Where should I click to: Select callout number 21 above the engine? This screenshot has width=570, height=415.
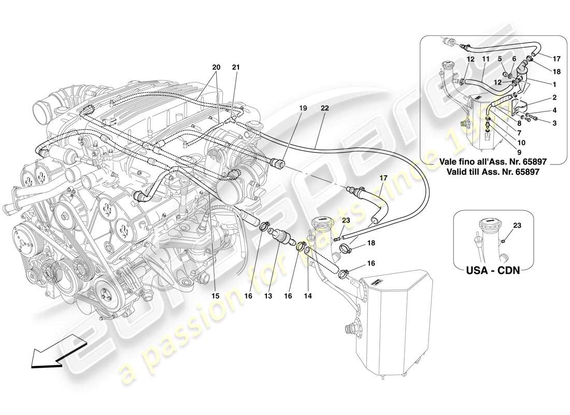click(236, 67)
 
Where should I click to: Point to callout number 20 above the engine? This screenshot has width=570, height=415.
click(216, 67)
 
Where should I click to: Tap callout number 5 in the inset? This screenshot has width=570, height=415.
click(500, 59)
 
